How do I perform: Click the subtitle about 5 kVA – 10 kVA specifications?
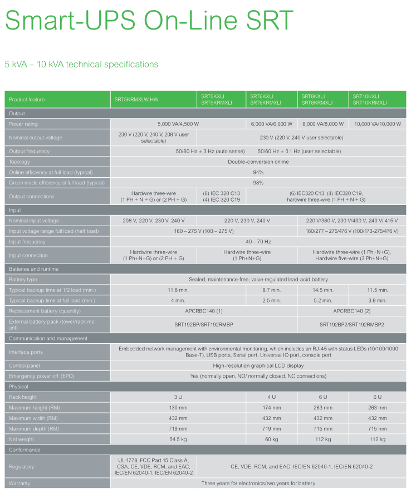[81, 65]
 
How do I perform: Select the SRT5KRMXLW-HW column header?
[136, 99]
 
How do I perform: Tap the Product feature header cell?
[27, 99]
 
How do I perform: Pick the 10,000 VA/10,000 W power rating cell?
[377, 124]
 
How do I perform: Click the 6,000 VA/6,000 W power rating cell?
[271, 124]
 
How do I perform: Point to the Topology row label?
[19, 162]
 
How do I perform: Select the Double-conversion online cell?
[258, 162]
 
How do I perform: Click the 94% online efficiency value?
[258, 172]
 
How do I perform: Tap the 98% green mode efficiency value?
[258, 183]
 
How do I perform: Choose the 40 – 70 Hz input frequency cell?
[258, 242]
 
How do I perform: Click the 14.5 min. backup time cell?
[323, 290]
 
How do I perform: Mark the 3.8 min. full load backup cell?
[377, 300]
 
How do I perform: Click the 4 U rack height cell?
[271, 397]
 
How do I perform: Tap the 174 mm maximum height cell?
[271, 408]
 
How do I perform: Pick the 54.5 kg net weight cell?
[177, 440]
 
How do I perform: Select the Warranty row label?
[19, 484]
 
